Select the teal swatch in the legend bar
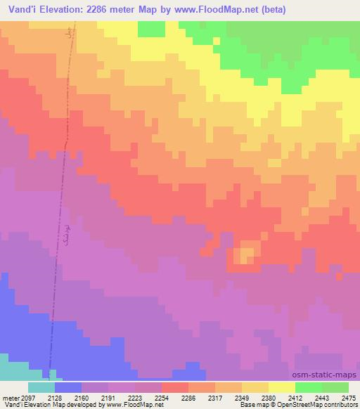click(41, 387)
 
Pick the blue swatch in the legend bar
click(68, 387)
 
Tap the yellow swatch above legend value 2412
click(282, 387)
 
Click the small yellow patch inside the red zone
click(245, 254)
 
